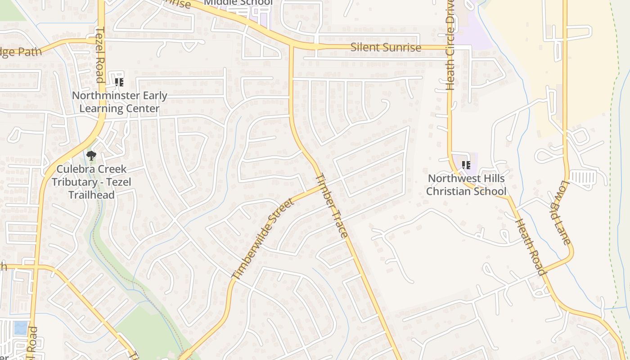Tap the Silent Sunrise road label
[x=386, y=47]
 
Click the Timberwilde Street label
[x=263, y=238]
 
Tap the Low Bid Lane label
[x=560, y=212]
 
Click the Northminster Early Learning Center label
[x=119, y=102]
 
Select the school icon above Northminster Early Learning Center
[x=119, y=82]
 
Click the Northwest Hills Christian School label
[x=466, y=184]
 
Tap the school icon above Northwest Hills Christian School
[x=466, y=165]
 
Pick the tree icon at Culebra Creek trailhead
[x=91, y=156]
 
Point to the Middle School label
[x=238, y=3]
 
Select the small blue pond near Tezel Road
[x=20, y=327]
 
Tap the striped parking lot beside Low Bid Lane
[x=582, y=177]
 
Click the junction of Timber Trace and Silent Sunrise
[x=291, y=46]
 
